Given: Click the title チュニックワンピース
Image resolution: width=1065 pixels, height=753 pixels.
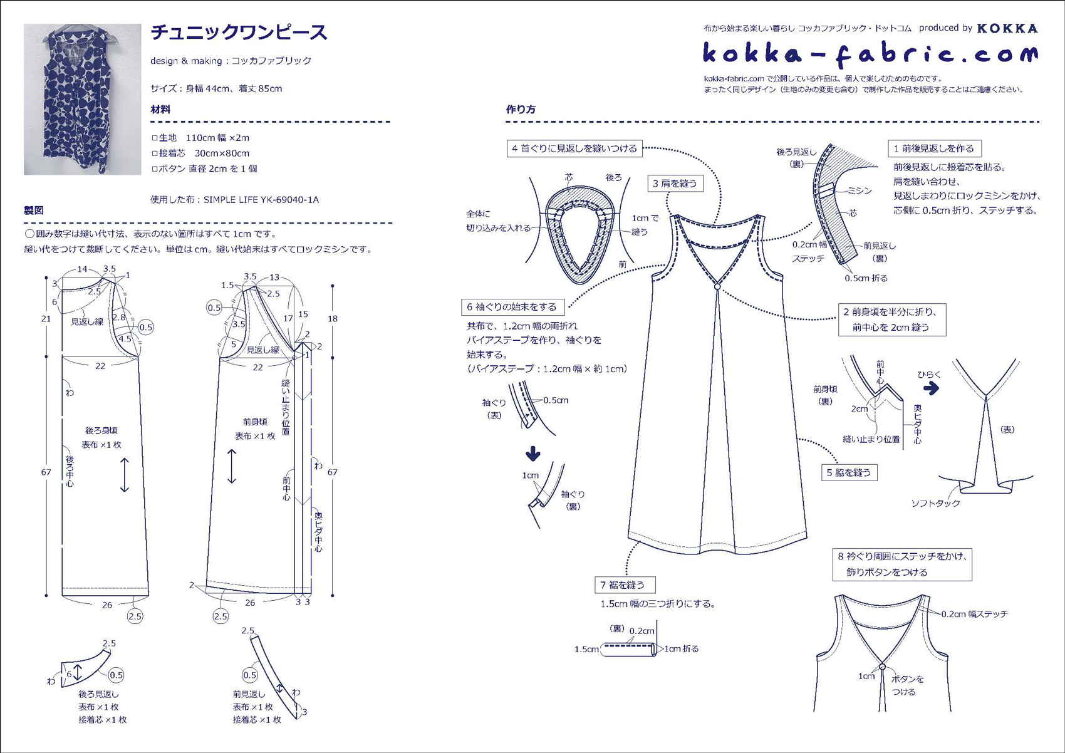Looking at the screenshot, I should [x=239, y=33].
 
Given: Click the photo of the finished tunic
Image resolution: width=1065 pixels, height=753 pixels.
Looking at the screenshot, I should [x=82, y=99].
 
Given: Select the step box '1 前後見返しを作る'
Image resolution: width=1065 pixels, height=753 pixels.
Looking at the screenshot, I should [x=934, y=148].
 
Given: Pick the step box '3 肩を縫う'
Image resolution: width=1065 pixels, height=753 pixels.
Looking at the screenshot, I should [x=675, y=184].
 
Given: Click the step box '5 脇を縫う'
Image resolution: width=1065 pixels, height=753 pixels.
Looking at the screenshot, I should [x=849, y=472].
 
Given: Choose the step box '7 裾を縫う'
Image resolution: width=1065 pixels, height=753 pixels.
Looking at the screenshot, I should [x=624, y=584].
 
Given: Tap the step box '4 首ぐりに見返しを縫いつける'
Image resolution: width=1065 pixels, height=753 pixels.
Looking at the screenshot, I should [x=574, y=148].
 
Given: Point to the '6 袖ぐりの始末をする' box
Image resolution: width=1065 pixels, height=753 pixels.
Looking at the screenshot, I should [x=512, y=307].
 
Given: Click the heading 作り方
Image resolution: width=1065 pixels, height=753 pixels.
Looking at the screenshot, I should [x=521, y=109].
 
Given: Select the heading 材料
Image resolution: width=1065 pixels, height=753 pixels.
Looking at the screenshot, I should [x=160, y=109].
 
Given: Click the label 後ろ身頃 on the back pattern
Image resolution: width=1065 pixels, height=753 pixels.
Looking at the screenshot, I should [x=101, y=430].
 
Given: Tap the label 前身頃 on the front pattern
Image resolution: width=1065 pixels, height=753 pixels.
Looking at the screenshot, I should [x=255, y=422].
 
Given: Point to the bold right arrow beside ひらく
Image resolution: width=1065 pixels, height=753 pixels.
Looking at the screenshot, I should [x=932, y=388].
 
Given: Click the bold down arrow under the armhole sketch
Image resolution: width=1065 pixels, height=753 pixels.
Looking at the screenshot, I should [x=533, y=452].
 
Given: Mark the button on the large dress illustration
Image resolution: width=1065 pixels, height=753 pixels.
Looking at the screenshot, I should [x=717, y=286].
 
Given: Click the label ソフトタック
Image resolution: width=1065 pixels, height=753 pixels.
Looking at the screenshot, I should [x=935, y=503].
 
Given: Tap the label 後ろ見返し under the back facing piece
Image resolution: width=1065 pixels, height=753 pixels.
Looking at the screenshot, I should [x=98, y=694].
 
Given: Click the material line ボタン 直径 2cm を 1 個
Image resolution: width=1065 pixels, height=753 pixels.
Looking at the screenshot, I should [x=204, y=169].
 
